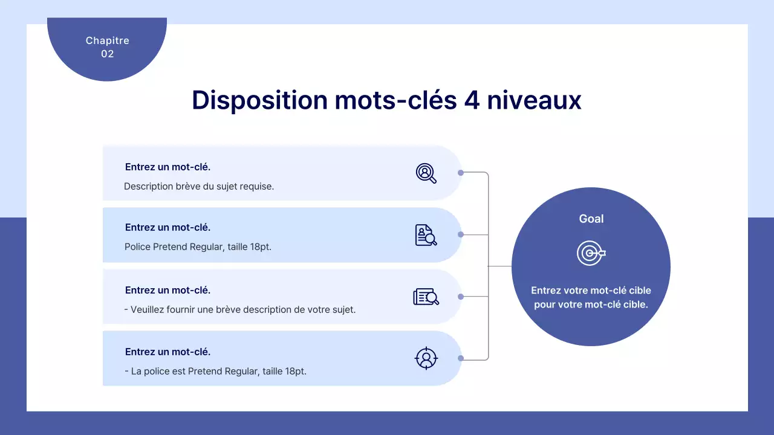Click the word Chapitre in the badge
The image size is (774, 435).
107,40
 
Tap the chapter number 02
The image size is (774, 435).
107,54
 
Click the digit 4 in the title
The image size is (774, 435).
472,100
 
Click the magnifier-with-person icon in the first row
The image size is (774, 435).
426,173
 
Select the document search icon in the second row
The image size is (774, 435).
426,235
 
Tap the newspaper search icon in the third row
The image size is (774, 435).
426,297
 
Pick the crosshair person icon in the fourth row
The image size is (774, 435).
426,358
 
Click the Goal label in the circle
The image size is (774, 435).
591,219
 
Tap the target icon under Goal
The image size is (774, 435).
590,253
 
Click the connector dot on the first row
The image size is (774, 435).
461,173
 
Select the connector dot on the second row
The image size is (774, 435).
461,234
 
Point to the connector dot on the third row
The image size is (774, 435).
461,297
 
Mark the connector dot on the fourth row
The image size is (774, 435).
461,358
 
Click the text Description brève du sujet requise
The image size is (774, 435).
199,186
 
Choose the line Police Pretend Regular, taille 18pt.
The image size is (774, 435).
198,246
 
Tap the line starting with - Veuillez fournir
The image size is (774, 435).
239,309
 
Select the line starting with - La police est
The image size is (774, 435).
215,371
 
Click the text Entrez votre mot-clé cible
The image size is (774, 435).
591,291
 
